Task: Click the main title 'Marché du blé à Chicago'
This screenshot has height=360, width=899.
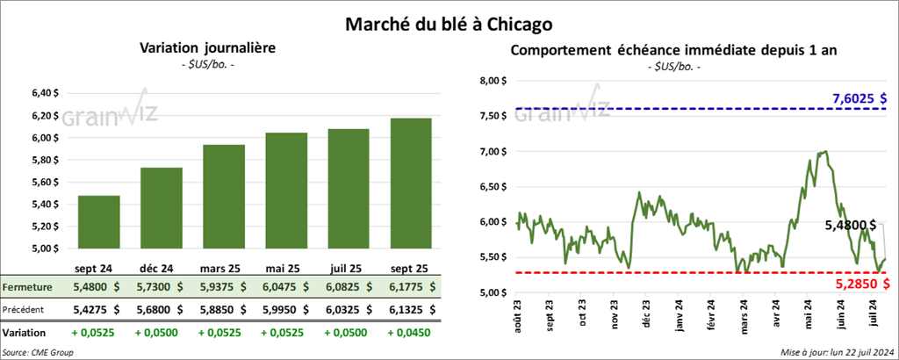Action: [x=449, y=18]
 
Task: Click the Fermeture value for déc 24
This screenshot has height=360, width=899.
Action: [x=161, y=287]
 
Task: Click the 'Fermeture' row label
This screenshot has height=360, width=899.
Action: [x=25, y=287]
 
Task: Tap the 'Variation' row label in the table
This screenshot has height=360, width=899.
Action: [x=25, y=333]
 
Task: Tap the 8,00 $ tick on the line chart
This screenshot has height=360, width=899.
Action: [x=493, y=81]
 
